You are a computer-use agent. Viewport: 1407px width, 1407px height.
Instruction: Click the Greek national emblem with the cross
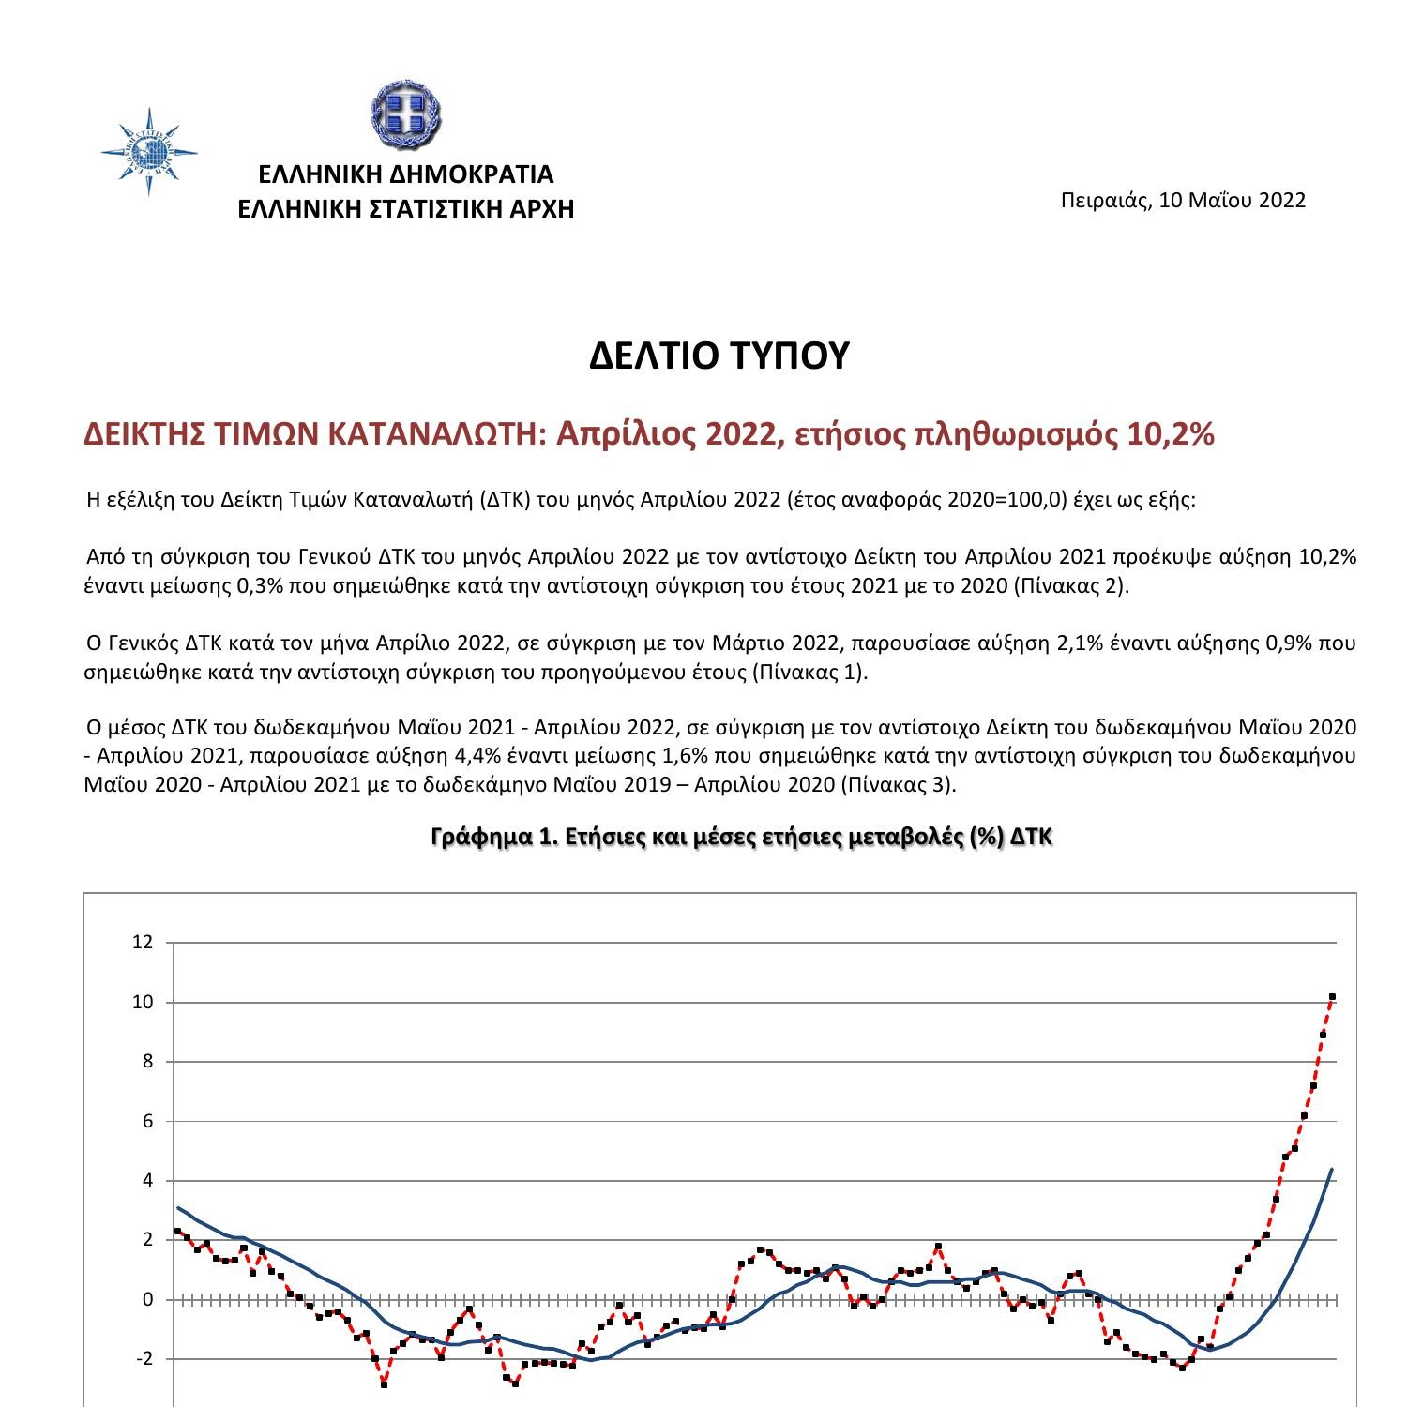click(406, 116)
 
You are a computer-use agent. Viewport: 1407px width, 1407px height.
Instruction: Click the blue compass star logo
click(149, 152)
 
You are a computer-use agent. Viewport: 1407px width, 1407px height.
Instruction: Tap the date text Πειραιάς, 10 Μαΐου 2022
click(1183, 200)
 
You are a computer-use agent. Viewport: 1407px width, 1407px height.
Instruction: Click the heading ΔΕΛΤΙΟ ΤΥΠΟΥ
click(719, 356)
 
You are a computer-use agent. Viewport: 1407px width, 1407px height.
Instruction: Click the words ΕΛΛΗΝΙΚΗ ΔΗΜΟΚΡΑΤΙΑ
click(406, 174)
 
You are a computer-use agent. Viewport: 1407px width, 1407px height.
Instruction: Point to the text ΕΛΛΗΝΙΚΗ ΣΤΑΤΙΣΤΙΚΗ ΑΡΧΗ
click(406, 208)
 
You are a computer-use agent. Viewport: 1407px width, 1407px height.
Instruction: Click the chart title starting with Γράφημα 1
click(742, 837)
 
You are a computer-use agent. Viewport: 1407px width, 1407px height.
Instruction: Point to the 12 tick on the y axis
click(142, 943)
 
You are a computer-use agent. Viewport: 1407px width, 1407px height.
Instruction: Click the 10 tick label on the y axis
click(142, 1002)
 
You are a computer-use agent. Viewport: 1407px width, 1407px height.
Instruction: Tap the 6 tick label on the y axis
click(146, 1121)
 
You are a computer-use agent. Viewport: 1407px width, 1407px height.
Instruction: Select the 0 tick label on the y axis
click(146, 1299)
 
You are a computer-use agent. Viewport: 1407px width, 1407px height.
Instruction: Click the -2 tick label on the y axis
click(143, 1359)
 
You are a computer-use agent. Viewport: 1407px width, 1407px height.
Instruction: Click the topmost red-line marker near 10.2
click(1332, 996)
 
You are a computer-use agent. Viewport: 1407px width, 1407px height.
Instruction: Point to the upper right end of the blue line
click(1332, 1170)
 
